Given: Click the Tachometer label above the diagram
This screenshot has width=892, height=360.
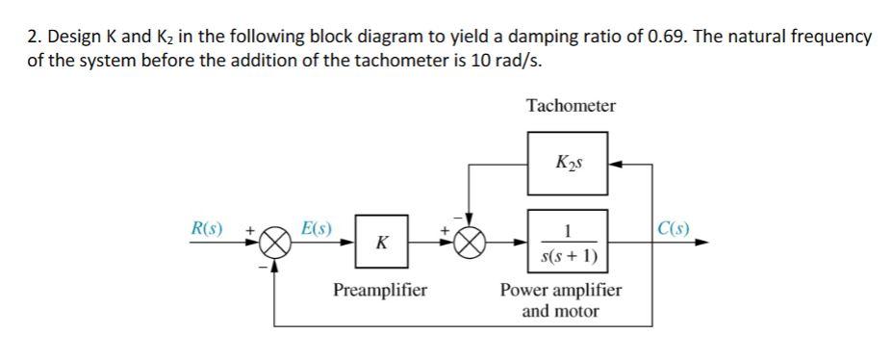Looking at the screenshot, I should pyautogui.click(x=571, y=106).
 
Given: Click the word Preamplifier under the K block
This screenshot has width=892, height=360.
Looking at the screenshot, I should pyautogui.click(x=380, y=290).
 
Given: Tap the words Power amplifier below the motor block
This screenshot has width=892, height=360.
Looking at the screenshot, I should pyautogui.click(x=561, y=290).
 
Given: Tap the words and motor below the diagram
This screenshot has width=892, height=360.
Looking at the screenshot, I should pyautogui.click(x=560, y=312).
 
